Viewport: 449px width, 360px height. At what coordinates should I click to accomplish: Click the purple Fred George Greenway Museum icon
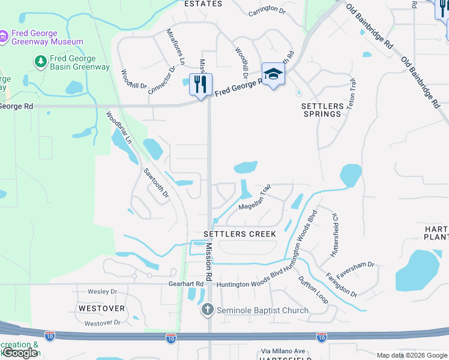[x=4, y=37]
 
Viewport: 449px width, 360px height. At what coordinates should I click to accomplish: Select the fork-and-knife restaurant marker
[x=200, y=84]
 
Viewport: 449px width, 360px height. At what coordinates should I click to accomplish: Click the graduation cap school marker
[x=273, y=74]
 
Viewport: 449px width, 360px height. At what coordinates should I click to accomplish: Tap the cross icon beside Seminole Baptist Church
[x=207, y=310]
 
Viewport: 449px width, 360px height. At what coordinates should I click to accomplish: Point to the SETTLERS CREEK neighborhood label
[x=240, y=233]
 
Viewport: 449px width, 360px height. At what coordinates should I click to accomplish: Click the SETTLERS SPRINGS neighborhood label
[x=322, y=110]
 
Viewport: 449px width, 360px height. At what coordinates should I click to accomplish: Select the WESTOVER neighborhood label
[x=101, y=308]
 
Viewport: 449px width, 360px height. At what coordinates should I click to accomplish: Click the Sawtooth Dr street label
[x=156, y=184]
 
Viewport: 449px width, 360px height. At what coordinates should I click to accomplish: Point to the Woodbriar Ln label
[x=119, y=128]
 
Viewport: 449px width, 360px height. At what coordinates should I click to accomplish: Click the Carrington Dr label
[x=267, y=10]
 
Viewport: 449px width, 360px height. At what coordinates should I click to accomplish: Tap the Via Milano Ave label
[x=283, y=351]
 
